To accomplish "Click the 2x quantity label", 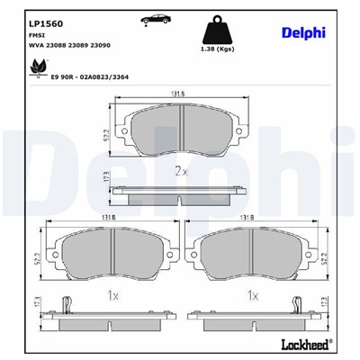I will [180, 171].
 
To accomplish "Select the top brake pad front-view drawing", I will [181, 132].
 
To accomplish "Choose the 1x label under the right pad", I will [253, 295].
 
